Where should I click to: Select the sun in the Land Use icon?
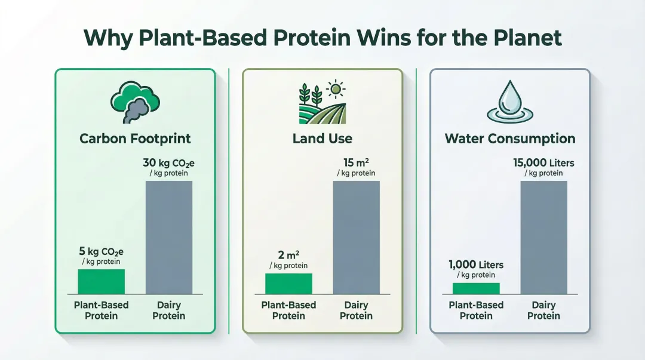337,90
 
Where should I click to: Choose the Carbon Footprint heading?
135,139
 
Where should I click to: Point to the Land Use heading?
322,139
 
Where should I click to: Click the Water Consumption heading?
510,139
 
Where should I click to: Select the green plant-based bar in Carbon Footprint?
102,281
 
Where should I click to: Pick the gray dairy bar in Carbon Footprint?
169,237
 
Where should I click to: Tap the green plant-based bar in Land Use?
288,284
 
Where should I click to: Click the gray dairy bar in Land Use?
356,237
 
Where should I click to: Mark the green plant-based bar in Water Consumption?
476,288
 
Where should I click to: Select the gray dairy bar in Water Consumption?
543,237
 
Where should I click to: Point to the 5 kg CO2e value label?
102,251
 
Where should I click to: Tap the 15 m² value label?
356,163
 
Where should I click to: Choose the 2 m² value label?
288,256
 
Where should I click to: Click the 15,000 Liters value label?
543,163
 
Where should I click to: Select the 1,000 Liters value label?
476,264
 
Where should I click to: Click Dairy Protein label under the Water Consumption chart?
543,310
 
